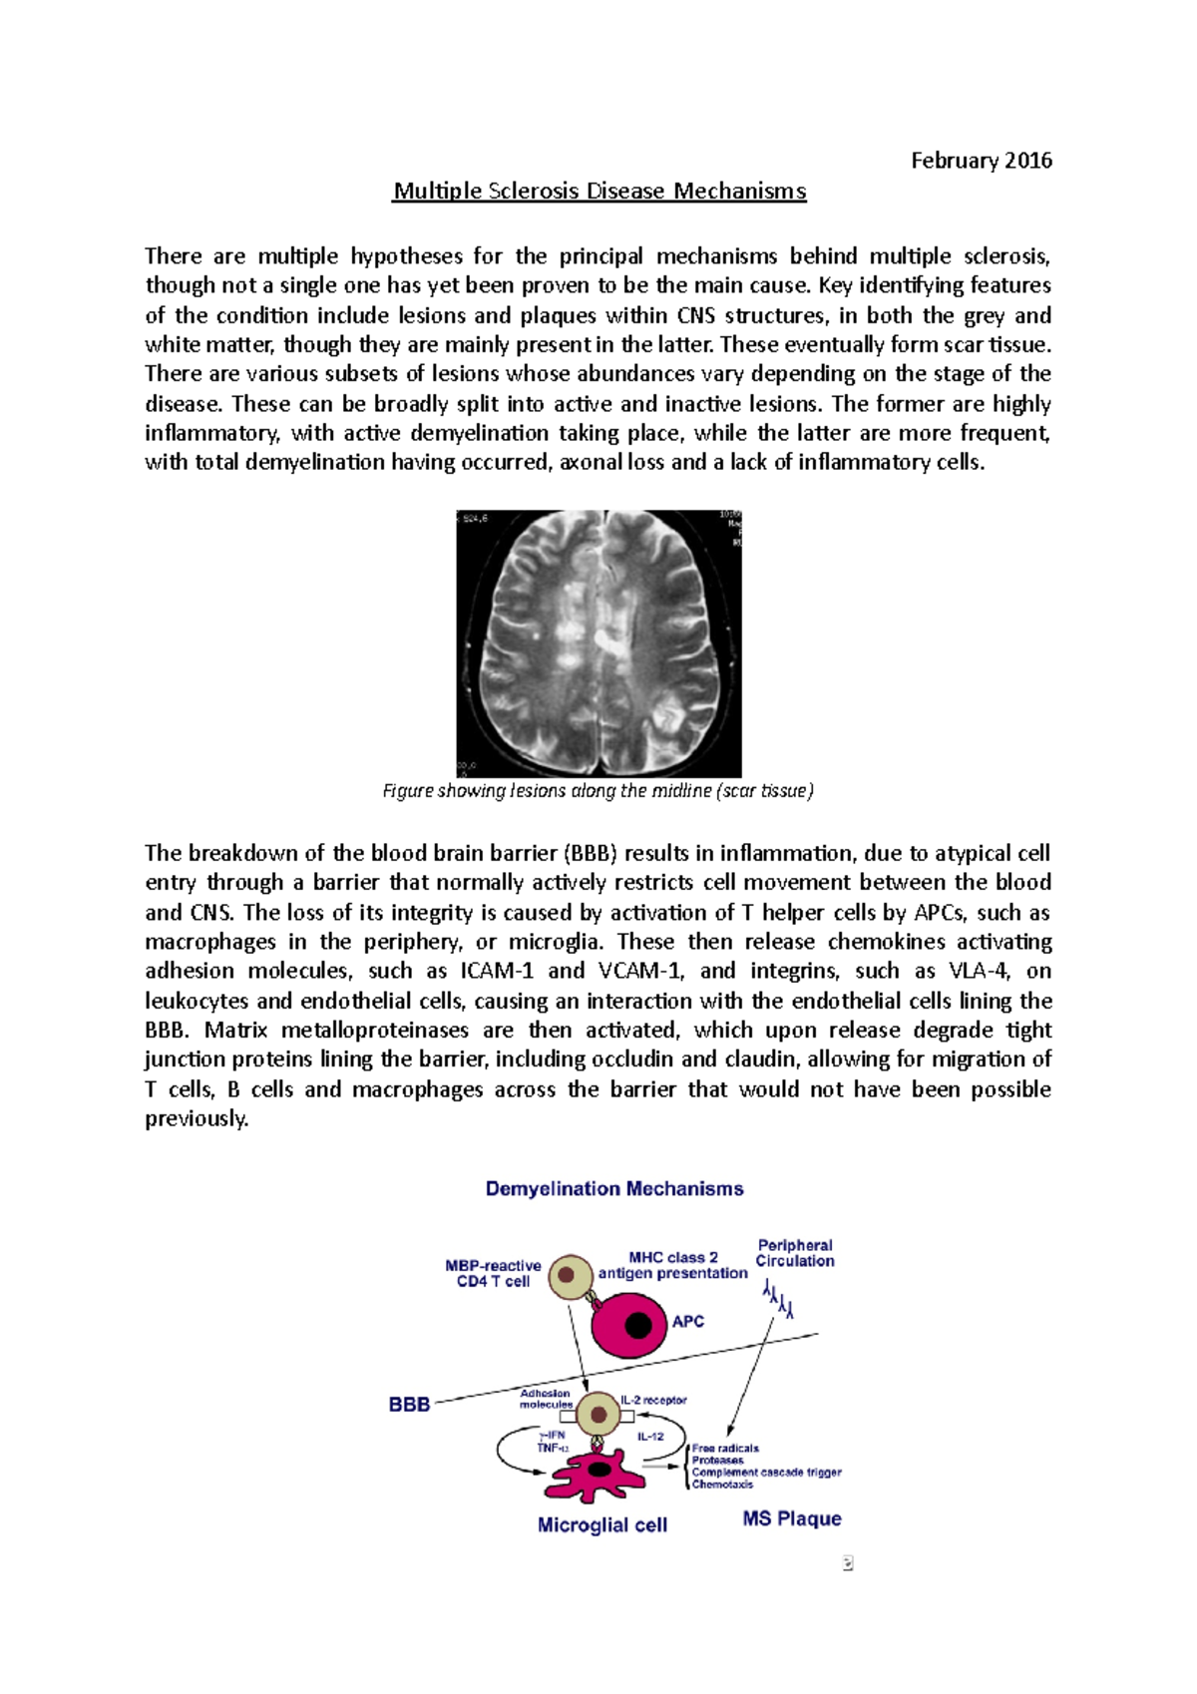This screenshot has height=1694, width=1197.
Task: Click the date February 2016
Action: point(981,161)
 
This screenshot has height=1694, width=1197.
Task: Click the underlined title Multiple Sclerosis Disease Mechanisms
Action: point(598,191)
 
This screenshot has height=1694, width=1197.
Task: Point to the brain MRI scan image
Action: point(598,643)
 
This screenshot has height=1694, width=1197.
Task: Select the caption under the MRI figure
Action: point(598,791)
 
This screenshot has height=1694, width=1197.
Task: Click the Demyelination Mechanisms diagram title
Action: point(614,1189)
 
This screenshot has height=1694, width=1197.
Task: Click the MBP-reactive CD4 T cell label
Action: point(493,1274)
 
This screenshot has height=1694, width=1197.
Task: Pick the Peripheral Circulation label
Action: point(795,1253)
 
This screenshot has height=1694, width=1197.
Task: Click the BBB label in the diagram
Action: point(409,1405)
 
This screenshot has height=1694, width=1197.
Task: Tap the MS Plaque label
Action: point(792,1519)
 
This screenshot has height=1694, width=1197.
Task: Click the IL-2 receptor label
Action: point(654,1401)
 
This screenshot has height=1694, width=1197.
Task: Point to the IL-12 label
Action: point(650,1437)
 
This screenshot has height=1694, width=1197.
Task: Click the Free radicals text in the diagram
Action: point(725,1449)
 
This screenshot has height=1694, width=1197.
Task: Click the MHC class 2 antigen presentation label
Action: point(673,1266)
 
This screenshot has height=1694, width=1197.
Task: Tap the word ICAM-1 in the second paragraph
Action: point(497,972)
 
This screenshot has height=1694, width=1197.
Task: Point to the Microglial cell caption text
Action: point(601,1525)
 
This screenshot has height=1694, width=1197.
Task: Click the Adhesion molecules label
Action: point(546,1399)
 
